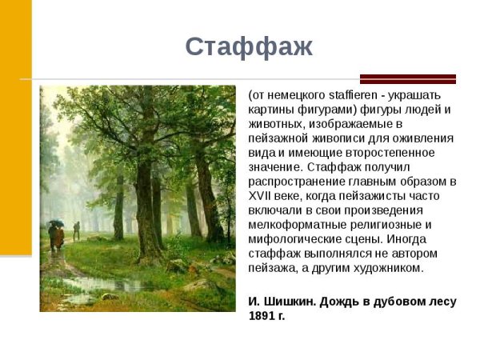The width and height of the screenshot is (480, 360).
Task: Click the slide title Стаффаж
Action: click(249, 46)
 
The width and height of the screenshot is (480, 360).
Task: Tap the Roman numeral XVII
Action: click(261, 196)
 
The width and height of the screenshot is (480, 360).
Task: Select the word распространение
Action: click(294, 181)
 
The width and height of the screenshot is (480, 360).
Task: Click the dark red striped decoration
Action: click(407, 78)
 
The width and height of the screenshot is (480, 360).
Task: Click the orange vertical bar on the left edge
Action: click(15, 128)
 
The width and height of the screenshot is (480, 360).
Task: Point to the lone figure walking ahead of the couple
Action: click(77, 230)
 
